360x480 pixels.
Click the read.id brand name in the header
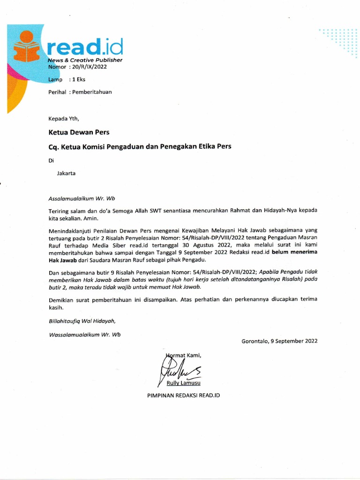[x=85, y=47]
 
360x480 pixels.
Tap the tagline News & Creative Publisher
[x=85, y=60]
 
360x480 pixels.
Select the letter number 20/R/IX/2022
[x=88, y=67]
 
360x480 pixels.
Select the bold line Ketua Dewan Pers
[x=79, y=133]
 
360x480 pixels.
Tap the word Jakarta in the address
[x=66, y=172]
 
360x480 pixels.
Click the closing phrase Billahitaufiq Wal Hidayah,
[x=82, y=321]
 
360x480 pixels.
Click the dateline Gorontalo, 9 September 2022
[x=279, y=341]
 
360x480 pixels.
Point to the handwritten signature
[x=180, y=368]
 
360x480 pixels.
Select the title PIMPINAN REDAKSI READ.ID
[x=183, y=395]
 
